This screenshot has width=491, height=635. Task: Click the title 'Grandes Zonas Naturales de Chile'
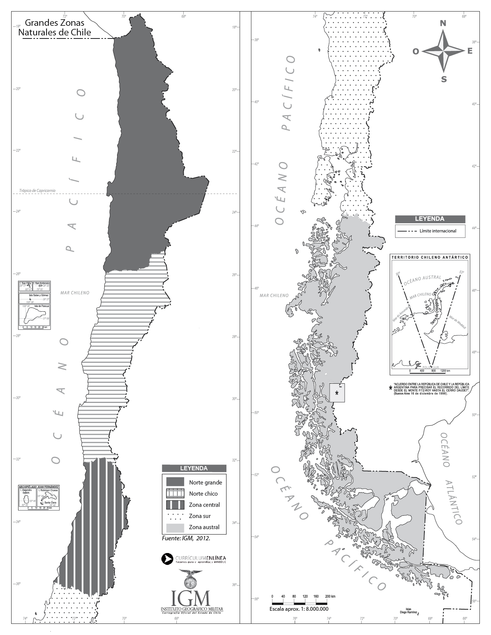55,28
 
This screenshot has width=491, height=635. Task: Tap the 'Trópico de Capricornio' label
37,190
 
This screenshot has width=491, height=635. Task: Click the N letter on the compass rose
443,23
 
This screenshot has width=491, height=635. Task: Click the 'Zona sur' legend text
199,516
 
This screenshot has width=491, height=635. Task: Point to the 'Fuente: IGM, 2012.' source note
186,538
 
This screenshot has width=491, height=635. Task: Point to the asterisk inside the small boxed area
337,393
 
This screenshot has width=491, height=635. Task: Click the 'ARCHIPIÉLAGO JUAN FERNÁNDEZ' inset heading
39,487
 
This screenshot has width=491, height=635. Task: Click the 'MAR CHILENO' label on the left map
75,293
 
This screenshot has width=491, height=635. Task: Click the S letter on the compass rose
444,80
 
